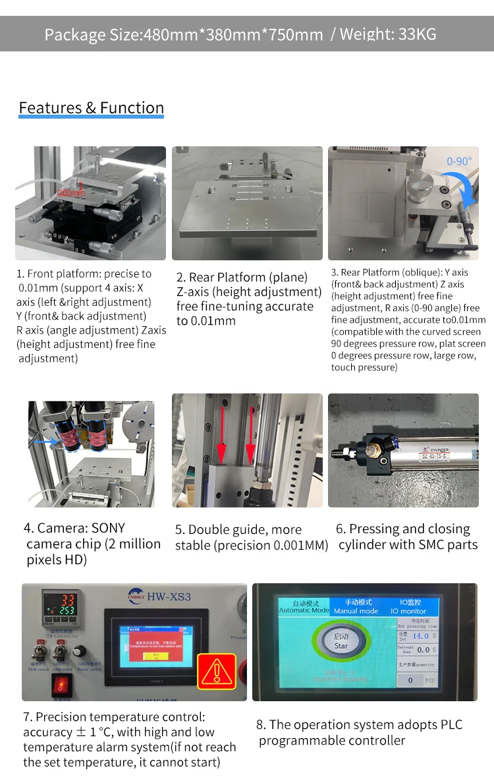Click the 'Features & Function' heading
91,108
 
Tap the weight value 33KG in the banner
417,34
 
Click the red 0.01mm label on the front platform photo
71,192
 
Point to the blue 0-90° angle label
459,161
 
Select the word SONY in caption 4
108,529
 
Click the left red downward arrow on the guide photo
221,428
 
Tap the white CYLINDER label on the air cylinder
435,450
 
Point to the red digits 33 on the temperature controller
68,600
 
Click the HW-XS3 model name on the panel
169,596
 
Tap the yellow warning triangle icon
217,672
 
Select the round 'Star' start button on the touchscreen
341,642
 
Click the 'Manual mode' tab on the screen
359,607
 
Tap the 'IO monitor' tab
413,607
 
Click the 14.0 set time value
420,636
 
